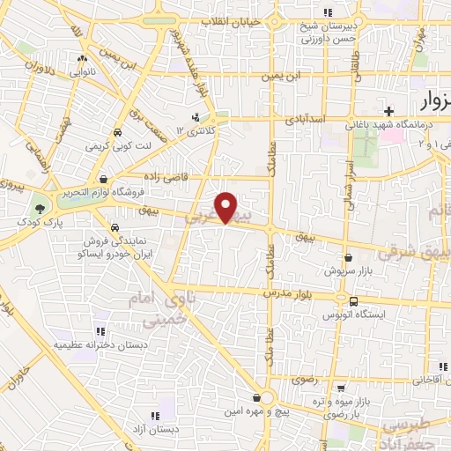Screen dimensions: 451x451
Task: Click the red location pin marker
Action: (x=227, y=207)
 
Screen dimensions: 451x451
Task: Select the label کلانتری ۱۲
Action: (x=195, y=131)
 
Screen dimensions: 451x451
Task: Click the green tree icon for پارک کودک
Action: (x=39, y=209)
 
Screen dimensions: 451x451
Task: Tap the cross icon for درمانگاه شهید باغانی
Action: (x=388, y=111)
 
